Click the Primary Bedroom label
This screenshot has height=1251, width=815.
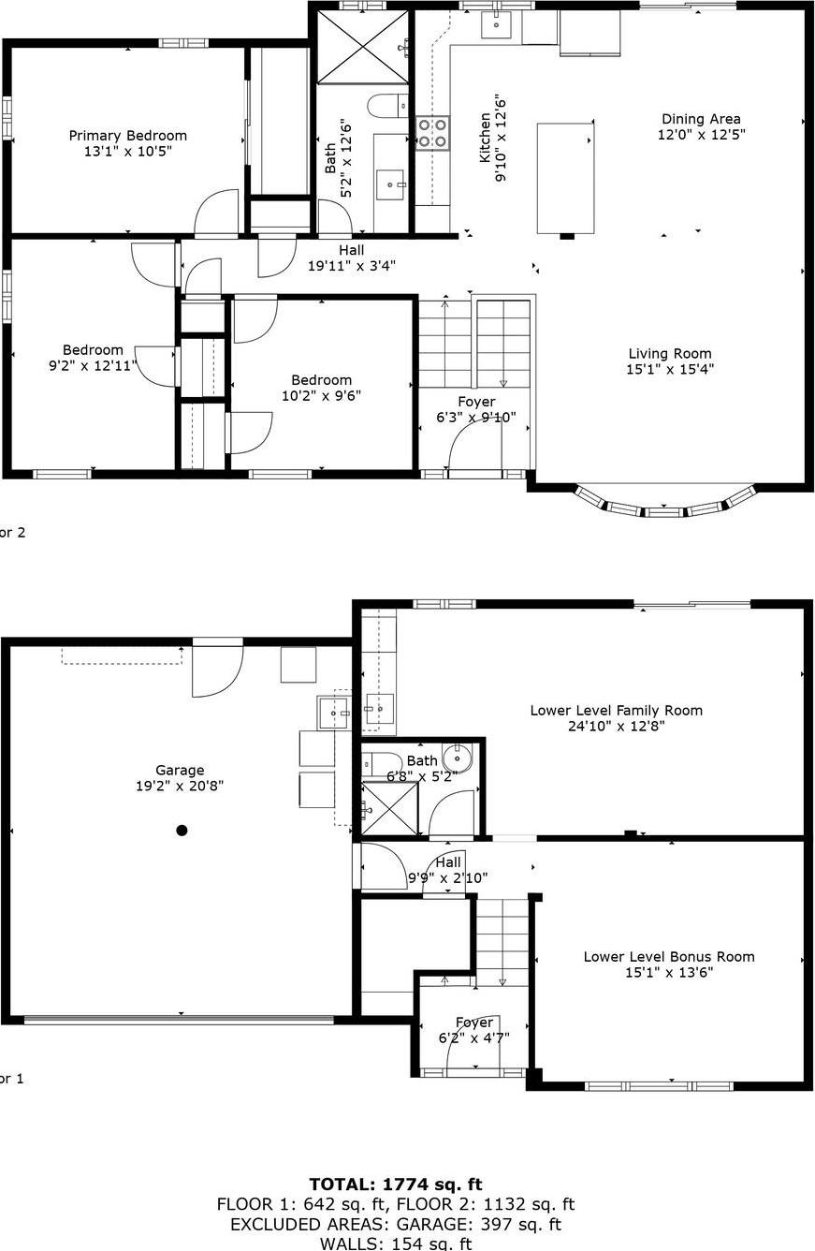tap(127, 136)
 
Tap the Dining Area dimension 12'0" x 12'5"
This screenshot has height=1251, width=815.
tap(701, 135)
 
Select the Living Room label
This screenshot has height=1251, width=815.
tap(670, 354)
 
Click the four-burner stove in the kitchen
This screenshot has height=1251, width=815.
tap(432, 132)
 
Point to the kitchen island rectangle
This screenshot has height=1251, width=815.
tap(565, 177)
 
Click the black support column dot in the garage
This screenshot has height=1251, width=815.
tap(182, 830)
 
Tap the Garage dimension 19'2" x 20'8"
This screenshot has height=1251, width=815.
tap(180, 787)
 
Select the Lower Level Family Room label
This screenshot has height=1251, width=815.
tap(616, 711)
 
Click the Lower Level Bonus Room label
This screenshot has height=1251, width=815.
tap(669, 957)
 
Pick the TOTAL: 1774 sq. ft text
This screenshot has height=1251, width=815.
tap(396, 1185)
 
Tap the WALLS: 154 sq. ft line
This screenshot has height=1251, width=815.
tap(396, 1244)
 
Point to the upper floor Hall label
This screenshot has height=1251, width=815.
tap(352, 250)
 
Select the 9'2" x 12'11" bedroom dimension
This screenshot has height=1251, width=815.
tap(93, 365)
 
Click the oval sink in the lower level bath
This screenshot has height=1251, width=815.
tap(458, 756)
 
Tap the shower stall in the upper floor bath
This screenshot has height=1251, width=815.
tap(363, 47)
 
